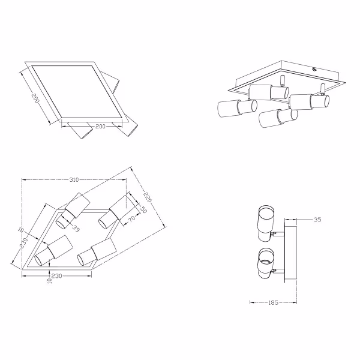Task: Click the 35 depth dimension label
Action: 317,220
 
